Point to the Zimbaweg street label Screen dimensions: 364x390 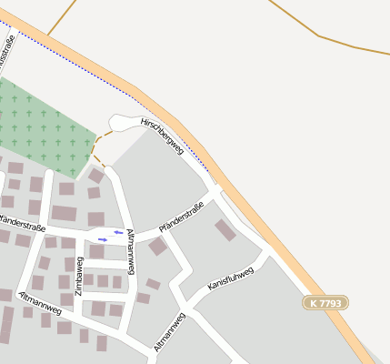point(79,272)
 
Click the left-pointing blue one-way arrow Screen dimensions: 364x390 point(118,232)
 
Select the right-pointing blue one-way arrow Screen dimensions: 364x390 point(103,239)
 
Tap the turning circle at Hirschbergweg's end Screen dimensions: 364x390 point(120,122)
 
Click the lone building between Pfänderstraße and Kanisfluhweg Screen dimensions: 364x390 point(225,229)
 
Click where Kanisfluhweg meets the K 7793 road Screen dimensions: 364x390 point(268,252)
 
